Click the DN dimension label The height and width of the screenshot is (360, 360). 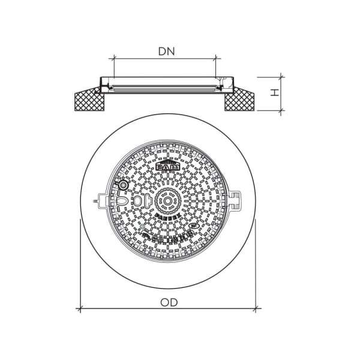[x=166, y=52]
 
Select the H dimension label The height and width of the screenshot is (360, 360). [x=274, y=93]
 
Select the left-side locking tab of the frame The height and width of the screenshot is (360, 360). [x=99, y=201]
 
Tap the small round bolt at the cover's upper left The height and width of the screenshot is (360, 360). [x=124, y=185]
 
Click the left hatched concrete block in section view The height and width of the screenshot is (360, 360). [x=90, y=100]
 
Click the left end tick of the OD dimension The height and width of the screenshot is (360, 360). [x=79, y=310]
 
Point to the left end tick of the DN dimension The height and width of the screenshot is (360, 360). [x=113, y=59]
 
